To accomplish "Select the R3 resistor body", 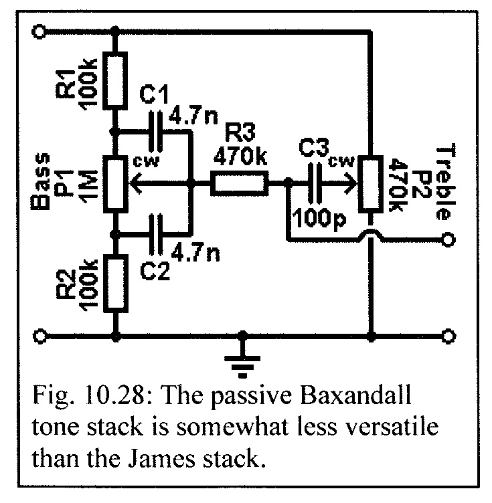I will coord(240,182).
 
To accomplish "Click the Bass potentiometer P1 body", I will coord(118,182).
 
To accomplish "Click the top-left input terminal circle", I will coord(42,31).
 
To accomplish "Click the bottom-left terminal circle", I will coord(42,335).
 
